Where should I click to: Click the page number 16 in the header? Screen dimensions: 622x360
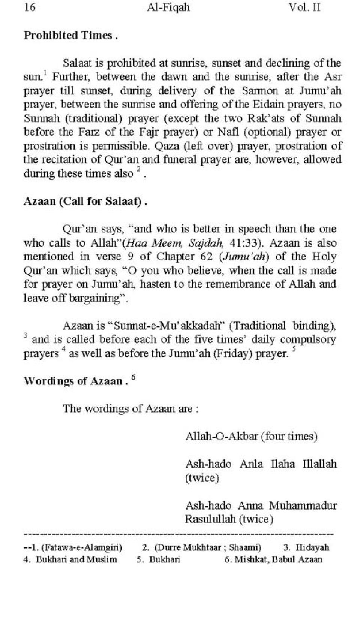click(30, 7)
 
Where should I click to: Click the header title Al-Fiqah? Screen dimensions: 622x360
click(168, 7)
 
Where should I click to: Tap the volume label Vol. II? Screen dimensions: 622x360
click(304, 7)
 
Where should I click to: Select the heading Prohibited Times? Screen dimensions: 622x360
click(70, 36)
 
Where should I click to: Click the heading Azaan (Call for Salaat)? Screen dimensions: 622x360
click(85, 202)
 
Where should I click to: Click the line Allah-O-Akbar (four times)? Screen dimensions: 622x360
click(252, 437)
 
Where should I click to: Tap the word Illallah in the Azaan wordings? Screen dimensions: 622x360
click(320, 464)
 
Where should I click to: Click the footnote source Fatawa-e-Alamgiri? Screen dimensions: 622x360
click(81, 547)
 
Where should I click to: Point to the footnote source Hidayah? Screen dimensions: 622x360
click(312, 547)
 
